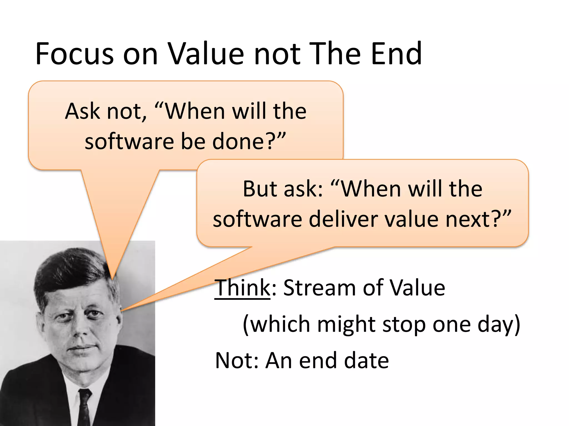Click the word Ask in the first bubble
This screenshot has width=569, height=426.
click(x=82, y=111)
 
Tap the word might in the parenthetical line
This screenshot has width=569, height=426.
click(x=346, y=324)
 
